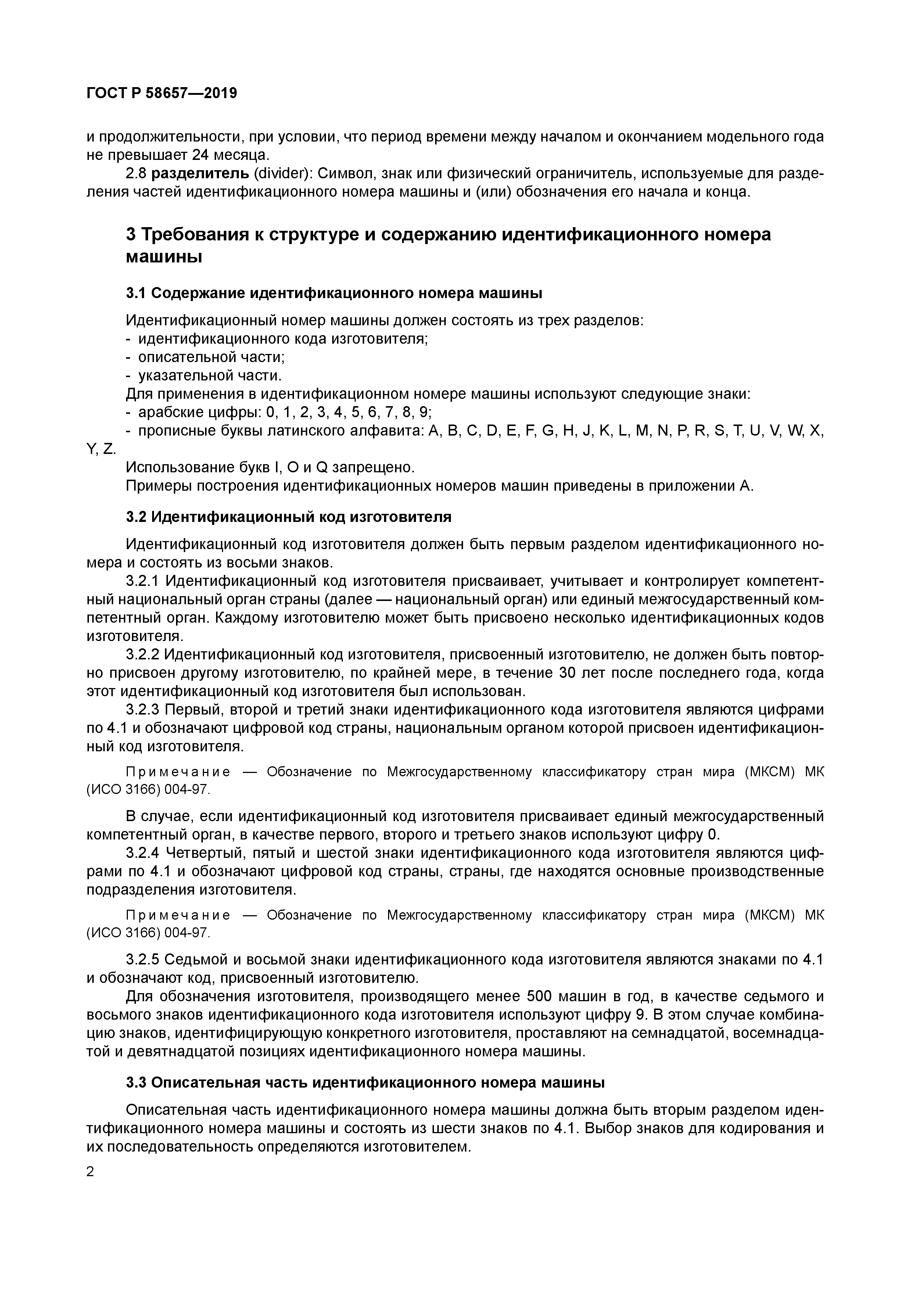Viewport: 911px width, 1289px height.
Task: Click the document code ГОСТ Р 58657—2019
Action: coord(162,93)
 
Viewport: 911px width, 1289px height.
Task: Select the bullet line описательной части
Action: coord(212,357)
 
